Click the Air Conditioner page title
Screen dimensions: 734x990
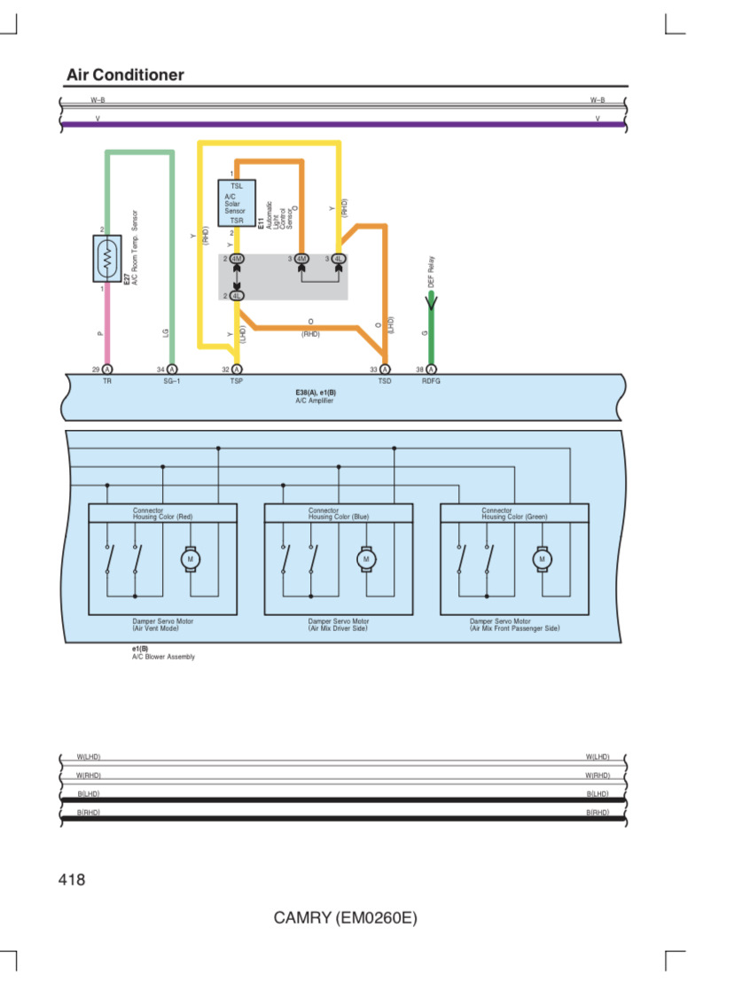point(125,74)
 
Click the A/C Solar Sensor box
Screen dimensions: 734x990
point(237,203)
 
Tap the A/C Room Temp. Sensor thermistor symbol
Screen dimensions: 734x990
point(107,258)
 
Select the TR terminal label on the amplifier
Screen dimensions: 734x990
point(107,381)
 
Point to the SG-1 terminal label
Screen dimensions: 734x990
point(172,381)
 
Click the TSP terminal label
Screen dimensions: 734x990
point(236,381)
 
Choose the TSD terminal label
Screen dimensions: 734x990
point(385,381)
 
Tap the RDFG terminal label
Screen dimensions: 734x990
point(431,381)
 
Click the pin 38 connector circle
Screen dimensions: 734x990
point(431,370)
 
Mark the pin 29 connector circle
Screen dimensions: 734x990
point(107,370)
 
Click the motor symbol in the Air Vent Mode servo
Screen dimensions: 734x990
point(190,559)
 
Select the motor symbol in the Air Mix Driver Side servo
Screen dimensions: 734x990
point(366,559)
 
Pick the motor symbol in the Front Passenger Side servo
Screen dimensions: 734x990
point(542,559)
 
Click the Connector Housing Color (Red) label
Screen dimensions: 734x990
point(162,513)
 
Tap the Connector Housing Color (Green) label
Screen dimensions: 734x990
point(514,513)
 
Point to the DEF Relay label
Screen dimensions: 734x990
point(431,272)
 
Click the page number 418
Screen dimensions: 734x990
point(72,879)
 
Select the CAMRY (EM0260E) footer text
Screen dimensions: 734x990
point(345,917)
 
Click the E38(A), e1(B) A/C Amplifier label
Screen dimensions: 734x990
point(316,396)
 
